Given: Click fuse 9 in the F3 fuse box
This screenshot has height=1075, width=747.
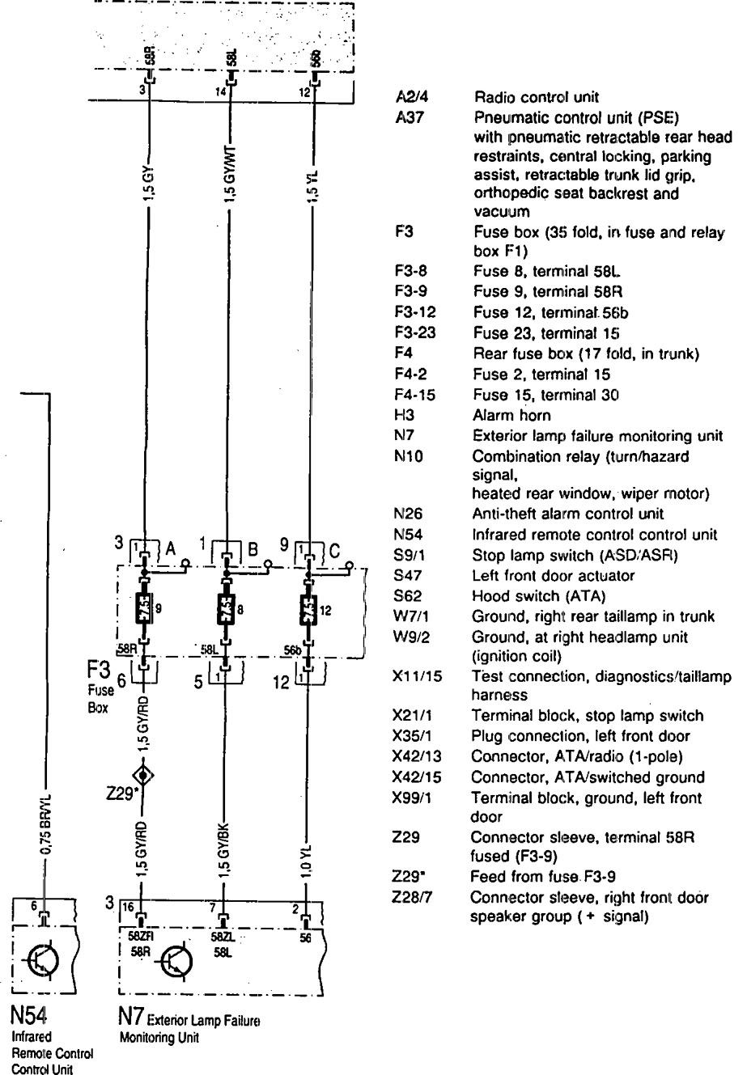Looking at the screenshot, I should pyautogui.click(x=144, y=607).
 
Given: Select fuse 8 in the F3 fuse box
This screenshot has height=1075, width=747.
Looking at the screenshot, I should pyautogui.click(x=227, y=607).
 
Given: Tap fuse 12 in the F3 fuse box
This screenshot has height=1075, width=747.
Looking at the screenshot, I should pyautogui.click(x=308, y=607).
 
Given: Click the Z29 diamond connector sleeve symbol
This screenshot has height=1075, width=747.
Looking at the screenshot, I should pyautogui.click(x=144, y=776).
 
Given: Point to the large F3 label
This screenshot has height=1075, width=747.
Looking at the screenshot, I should pyautogui.click(x=97, y=671).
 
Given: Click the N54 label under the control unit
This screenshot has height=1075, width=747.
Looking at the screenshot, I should pyautogui.click(x=29, y=1014).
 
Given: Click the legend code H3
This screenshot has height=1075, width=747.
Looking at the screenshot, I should pyautogui.click(x=404, y=416).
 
